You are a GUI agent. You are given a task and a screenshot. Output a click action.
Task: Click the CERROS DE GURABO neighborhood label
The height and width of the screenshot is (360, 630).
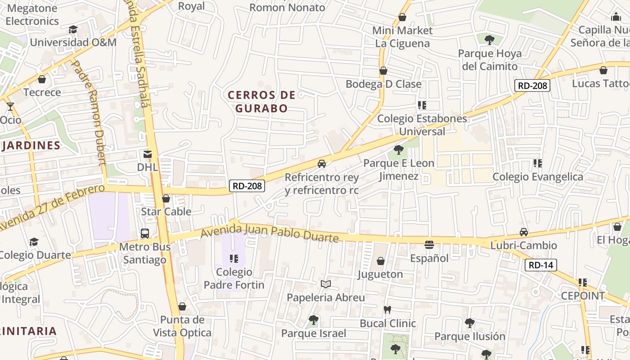click(261, 102)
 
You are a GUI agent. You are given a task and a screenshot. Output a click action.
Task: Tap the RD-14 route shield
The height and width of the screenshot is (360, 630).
click(540, 265)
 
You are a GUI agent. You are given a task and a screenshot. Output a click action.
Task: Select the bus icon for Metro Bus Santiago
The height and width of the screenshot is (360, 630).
click(145, 233)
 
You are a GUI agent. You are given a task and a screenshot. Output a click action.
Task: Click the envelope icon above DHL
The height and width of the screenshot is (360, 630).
click(147, 154)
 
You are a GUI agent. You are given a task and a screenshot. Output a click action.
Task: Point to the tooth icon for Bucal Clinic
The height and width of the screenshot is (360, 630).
click(387, 310)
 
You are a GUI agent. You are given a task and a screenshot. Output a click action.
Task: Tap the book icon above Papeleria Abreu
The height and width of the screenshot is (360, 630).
click(326, 284)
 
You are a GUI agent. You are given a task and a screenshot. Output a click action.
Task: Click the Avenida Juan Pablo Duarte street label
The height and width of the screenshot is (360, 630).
click(269, 234)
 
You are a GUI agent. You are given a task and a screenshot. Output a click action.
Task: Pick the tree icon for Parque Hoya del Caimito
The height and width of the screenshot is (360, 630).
click(490, 40)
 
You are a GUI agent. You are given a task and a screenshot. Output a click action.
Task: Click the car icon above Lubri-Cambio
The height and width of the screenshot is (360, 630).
click(523, 232)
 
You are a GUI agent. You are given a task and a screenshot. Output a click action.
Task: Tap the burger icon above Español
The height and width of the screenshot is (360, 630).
click(429, 245)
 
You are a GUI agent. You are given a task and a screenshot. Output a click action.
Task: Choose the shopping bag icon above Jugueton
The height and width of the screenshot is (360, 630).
click(381, 261)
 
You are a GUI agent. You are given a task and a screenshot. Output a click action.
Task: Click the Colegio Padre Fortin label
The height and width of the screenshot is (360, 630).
click(234, 279)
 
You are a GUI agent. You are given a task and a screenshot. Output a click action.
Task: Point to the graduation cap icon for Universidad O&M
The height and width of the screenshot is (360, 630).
click(73, 29)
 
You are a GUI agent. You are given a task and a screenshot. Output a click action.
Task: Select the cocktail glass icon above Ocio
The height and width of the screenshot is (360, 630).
click(10, 107)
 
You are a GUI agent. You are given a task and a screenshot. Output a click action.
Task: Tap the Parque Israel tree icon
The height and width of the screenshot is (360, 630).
click(314, 320)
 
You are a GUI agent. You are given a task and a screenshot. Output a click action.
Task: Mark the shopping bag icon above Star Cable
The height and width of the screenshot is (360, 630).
click(166, 198)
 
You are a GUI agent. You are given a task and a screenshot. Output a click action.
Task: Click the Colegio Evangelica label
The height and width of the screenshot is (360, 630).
click(538, 176)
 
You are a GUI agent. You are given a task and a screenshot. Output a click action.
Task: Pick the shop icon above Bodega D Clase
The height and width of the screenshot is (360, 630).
click(383, 71)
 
